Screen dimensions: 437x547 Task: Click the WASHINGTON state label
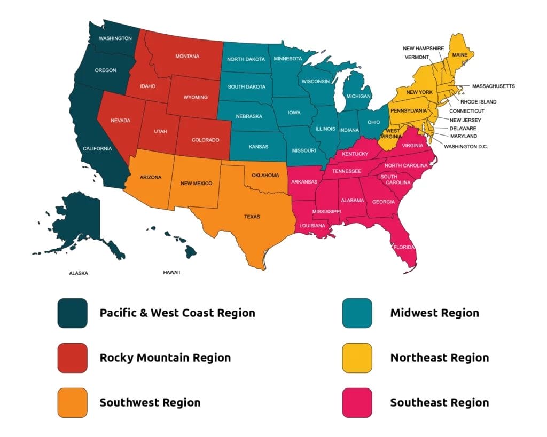(x=115, y=38)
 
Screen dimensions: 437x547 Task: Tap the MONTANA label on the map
(x=187, y=56)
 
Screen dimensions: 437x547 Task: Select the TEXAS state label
(x=252, y=217)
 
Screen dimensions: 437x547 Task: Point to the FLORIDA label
(x=403, y=247)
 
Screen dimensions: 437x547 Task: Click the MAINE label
(x=460, y=55)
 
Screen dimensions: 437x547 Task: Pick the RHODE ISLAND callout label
(x=478, y=101)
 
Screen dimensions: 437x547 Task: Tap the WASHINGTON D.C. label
(x=466, y=146)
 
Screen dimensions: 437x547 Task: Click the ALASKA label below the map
(x=79, y=273)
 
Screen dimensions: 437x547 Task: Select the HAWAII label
(x=171, y=273)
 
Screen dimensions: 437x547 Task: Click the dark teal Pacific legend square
(x=72, y=313)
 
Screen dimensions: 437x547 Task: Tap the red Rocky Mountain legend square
(x=72, y=357)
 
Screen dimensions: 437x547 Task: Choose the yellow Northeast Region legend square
(x=357, y=357)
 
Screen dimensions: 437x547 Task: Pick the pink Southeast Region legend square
(x=357, y=402)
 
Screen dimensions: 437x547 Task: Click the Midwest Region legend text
(x=434, y=313)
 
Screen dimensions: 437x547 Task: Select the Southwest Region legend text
(x=150, y=402)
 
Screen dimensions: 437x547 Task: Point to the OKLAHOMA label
(x=265, y=175)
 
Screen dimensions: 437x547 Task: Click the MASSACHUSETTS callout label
(x=493, y=86)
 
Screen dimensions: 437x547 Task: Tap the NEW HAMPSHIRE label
(x=423, y=49)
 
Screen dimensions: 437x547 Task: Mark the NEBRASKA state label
(x=249, y=116)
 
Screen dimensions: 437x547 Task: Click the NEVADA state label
(x=120, y=121)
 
